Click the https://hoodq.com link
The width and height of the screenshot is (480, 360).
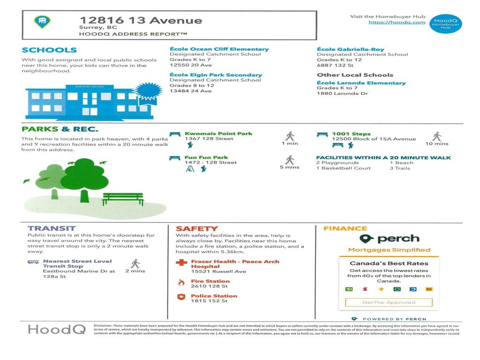click(397, 22)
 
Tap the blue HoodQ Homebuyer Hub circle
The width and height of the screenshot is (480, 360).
click(445, 24)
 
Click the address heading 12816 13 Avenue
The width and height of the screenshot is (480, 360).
click(141, 20)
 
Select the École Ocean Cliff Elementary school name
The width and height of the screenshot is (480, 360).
click(219, 49)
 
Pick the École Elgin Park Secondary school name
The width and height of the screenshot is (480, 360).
click(216, 75)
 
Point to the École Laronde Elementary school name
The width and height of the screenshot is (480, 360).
click(361, 83)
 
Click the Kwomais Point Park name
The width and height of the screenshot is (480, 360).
click(218, 134)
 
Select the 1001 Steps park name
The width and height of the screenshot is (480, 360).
click(351, 134)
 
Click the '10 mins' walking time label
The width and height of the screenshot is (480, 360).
click(436, 143)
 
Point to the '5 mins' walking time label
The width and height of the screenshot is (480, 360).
click(290, 167)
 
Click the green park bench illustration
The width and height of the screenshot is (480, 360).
click(123, 199)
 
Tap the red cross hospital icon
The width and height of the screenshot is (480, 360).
click(181, 263)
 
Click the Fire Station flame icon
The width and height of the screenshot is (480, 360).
click(181, 282)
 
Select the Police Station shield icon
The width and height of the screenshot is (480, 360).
click(181, 297)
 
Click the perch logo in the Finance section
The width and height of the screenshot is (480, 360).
click(389, 239)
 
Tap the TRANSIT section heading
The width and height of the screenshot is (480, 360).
click(52, 228)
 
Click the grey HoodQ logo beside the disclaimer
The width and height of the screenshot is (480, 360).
click(57, 329)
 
